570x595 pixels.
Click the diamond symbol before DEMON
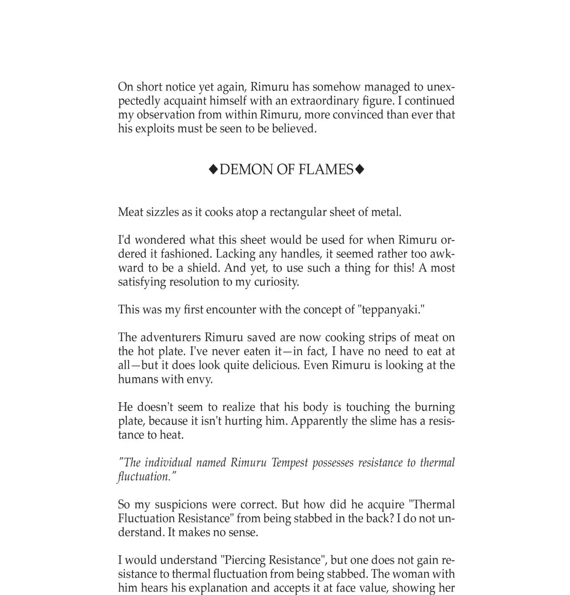213,170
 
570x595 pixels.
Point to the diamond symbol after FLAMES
360,170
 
